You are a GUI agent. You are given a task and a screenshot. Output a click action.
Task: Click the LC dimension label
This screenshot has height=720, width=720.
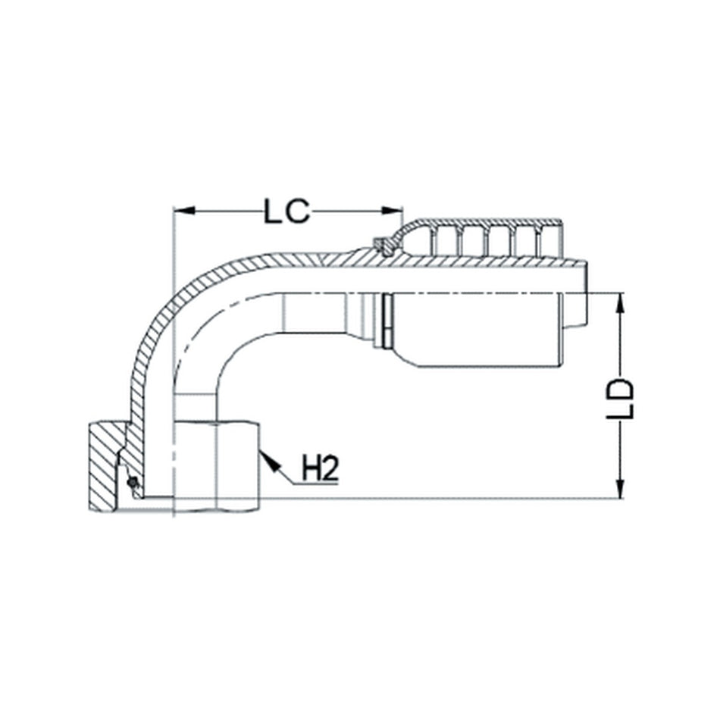(x=287, y=211)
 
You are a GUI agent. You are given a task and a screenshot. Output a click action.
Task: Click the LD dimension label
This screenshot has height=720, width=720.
(x=621, y=399)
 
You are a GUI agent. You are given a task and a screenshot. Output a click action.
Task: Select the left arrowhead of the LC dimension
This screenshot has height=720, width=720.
(x=184, y=211)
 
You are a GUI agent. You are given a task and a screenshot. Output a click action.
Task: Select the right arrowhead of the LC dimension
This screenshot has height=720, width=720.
(x=392, y=211)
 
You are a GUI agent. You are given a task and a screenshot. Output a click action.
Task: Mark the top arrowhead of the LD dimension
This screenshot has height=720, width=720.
(x=621, y=304)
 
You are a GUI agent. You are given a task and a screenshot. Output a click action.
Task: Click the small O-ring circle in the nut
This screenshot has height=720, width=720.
(x=133, y=483)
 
